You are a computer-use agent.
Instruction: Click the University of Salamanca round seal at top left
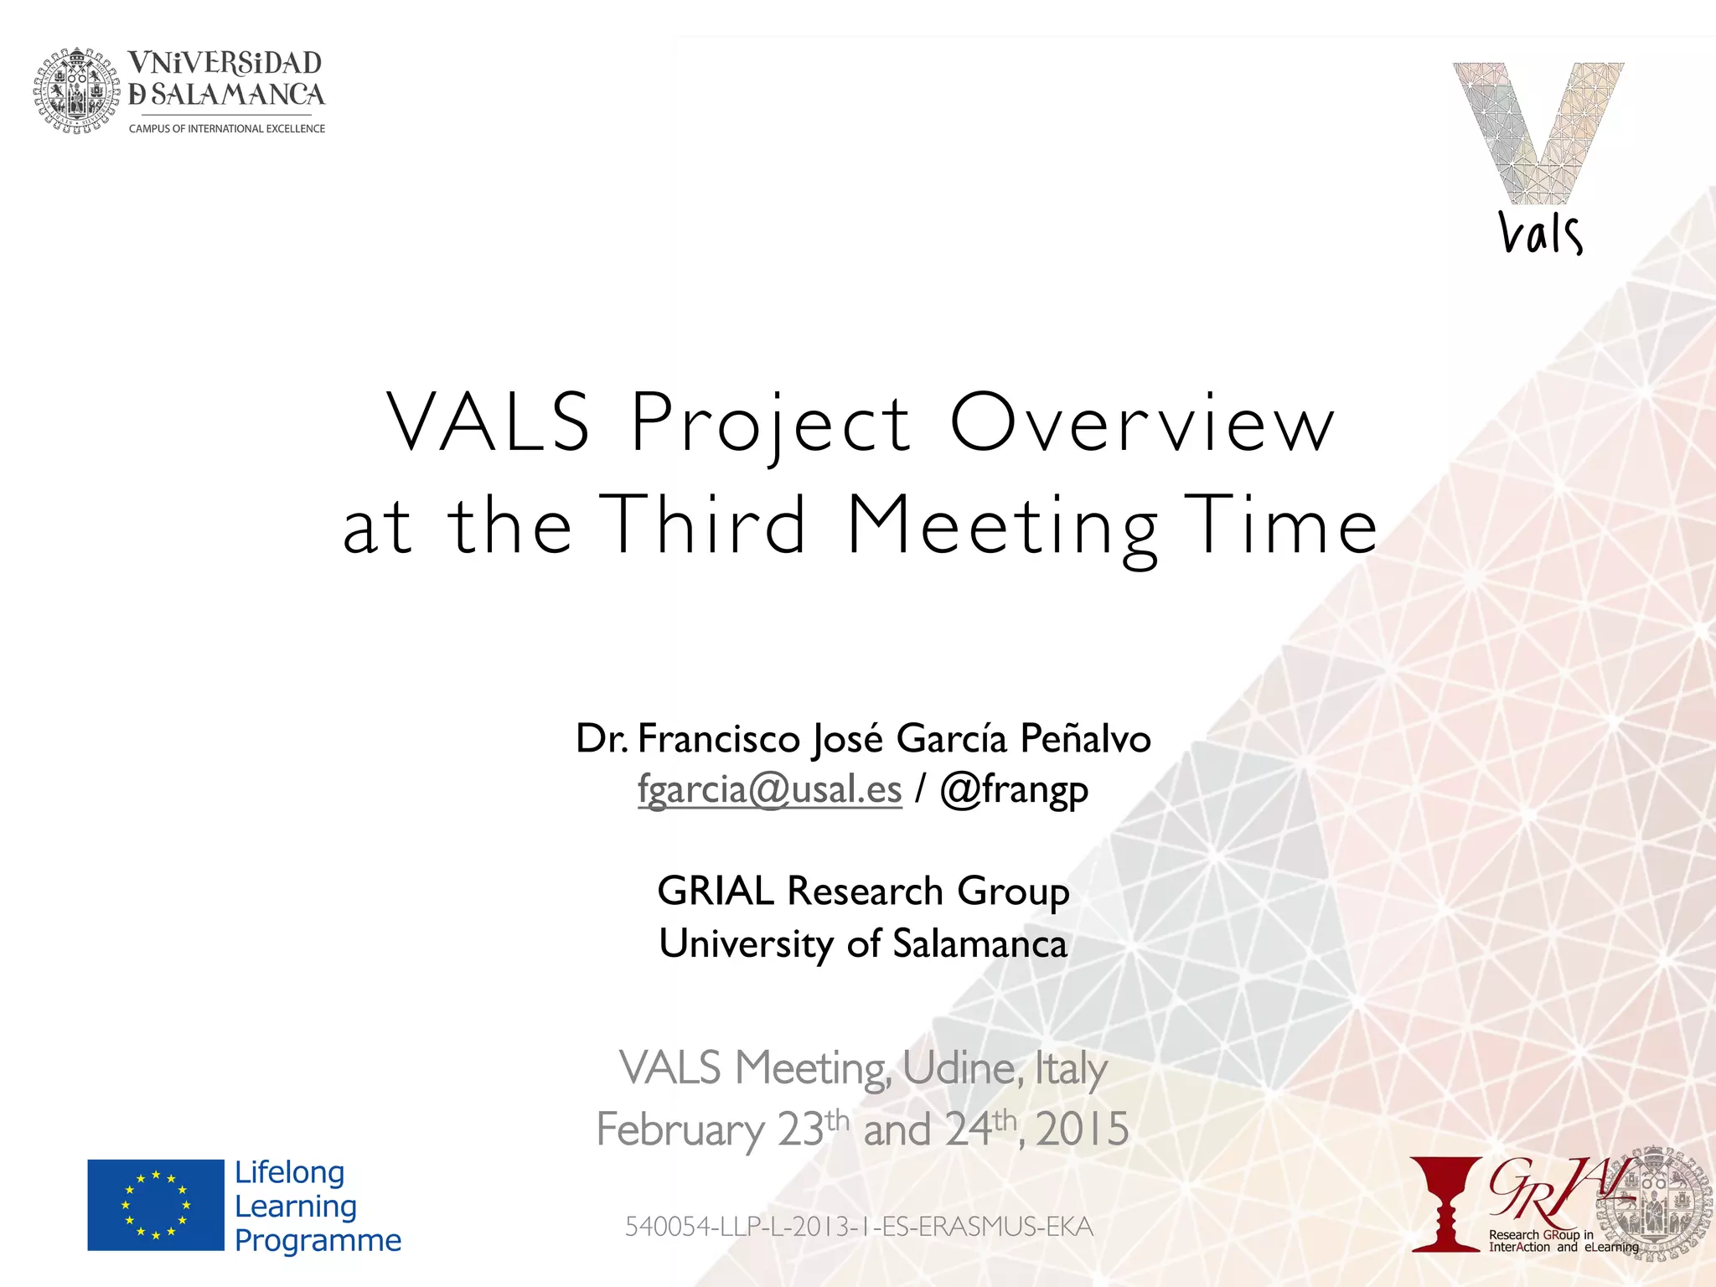point(76,90)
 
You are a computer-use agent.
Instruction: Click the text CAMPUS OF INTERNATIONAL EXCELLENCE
point(226,128)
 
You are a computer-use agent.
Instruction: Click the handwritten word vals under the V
point(1540,234)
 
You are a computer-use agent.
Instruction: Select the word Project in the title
point(770,423)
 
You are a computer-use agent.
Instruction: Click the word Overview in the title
point(1141,423)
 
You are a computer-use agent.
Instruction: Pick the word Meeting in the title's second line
point(1002,526)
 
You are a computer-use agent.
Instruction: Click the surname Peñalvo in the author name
point(1085,739)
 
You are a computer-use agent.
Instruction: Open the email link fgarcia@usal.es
point(769,789)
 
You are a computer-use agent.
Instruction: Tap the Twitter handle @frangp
point(1014,789)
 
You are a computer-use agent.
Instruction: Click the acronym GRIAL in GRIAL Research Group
point(715,891)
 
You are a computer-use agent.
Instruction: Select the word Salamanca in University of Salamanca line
point(979,944)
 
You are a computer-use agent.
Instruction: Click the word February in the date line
point(680,1129)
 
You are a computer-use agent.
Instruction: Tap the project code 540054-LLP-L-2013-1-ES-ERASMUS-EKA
point(859,1227)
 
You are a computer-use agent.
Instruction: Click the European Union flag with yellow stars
point(156,1205)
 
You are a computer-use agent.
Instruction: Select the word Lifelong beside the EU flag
point(290,1172)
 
